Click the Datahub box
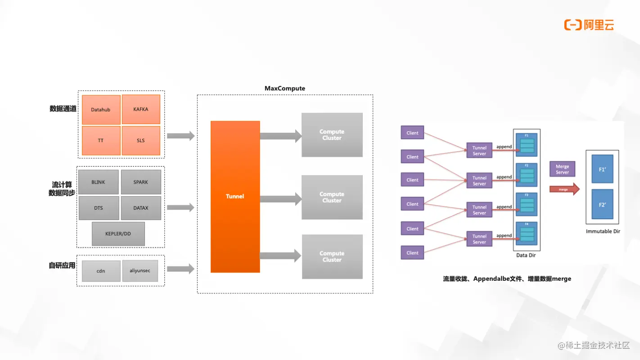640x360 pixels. pos(101,109)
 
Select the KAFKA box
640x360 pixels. pos(141,109)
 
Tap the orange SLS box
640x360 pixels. pos(141,140)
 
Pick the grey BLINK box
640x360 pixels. pos(98,182)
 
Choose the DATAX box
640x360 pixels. pos(141,208)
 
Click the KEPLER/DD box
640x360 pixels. pos(118,234)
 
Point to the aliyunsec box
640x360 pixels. pos(140,271)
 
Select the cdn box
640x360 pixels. pos(101,271)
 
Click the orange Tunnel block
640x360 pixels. pos(235,196)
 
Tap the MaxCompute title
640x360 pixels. pos(284,88)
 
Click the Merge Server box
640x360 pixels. pos(562,169)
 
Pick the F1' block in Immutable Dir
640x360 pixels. pos(602,170)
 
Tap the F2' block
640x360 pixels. pos(602,204)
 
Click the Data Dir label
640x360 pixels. pos(526,256)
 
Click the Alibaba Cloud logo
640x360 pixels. pos(589,25)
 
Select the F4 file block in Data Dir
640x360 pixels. pos(526,234)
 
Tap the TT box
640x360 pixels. pos(101,140)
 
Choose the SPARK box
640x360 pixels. pos(141,182)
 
